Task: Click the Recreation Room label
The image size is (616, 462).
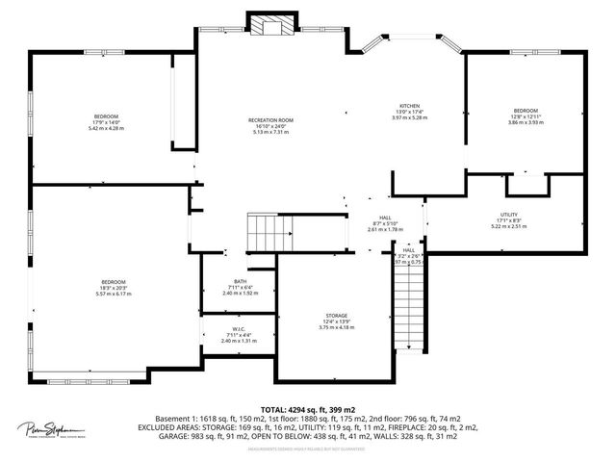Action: coord(270,120)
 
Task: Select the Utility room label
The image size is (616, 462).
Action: coord(509,215)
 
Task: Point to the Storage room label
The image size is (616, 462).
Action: coord(336,315)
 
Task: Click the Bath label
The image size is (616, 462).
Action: coord(239,281)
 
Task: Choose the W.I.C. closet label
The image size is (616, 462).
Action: coord(239,328)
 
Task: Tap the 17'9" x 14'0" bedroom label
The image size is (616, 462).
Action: coord(106,116)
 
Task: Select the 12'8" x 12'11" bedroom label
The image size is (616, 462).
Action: coord(526,111)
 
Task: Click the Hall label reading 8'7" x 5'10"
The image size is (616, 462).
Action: coord(385,218)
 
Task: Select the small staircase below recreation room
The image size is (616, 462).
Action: coord(270,232)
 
